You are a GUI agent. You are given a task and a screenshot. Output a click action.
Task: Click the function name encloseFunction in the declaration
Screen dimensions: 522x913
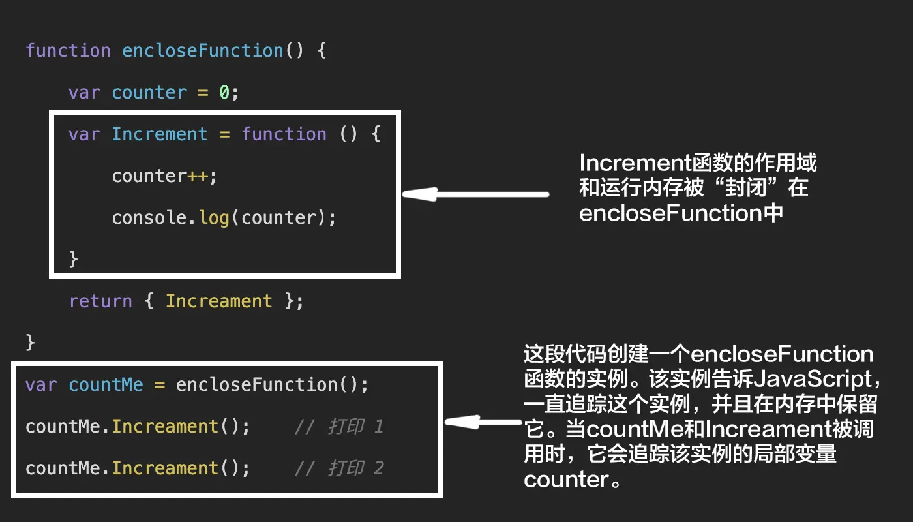(203, 51)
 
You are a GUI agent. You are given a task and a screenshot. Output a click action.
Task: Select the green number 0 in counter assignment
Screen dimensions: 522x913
(224, 93)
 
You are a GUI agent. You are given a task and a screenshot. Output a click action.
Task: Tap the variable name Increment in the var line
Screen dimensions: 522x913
(159, 134)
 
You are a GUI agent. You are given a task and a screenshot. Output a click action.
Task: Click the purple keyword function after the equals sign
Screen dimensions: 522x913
(284, 134)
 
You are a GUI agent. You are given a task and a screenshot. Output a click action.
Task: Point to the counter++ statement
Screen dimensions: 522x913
(164, 176)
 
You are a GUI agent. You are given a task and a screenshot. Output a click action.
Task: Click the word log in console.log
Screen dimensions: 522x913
(214, 218)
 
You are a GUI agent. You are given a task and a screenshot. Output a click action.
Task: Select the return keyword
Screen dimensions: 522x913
(100, 301)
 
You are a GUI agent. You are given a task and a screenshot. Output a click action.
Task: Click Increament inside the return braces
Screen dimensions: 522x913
(218, 301)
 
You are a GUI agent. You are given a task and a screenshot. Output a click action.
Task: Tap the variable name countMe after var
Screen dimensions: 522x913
(106, 385)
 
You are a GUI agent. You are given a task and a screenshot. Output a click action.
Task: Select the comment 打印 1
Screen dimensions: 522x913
(338, 427)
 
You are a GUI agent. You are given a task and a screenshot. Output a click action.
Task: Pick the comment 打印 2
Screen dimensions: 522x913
(338, 468)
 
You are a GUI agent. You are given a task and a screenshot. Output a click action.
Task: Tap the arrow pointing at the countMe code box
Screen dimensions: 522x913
(484, 422)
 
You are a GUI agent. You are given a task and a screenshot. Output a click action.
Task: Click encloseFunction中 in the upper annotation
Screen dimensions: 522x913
(681, 213)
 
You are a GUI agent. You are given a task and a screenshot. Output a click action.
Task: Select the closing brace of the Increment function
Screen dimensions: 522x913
(74, 259)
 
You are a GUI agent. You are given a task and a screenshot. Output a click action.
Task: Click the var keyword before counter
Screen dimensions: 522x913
(84, 93)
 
